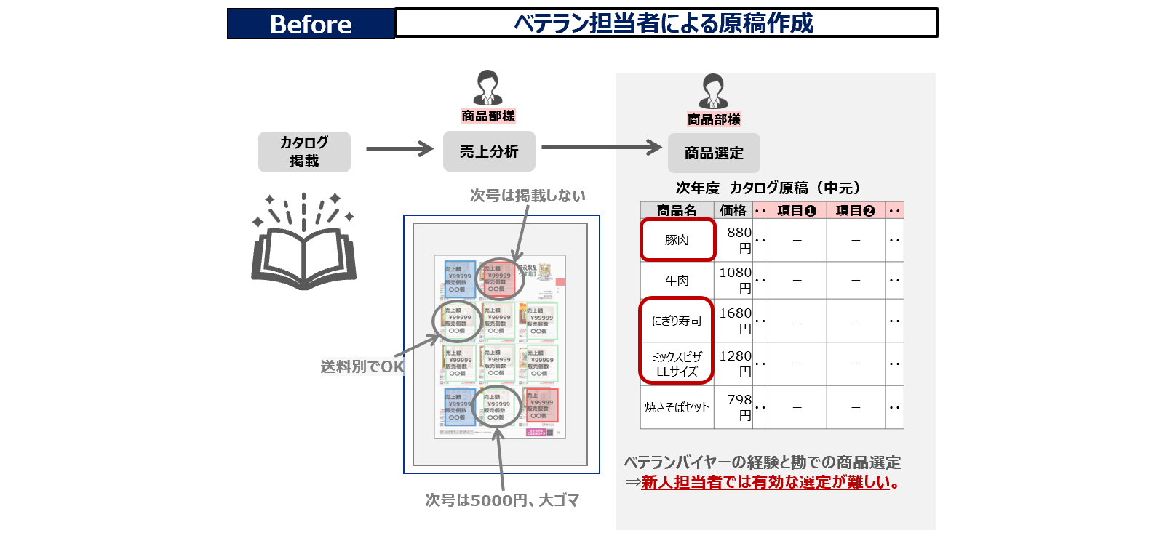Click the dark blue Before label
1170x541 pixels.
pos(311,24)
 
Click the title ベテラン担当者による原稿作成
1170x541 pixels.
pos(665,23)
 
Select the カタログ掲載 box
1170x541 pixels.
pos(304,151)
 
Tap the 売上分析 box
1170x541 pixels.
pos(489,151)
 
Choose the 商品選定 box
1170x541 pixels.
pos(714,153)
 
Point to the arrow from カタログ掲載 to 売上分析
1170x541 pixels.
pos(399,149)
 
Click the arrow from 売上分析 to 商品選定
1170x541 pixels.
pos(601,148)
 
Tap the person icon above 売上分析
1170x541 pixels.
pos(488,87)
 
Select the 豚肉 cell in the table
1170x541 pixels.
pos(677,240)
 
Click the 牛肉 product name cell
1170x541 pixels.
pos(677,280)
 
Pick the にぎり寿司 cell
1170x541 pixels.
pos(677,321)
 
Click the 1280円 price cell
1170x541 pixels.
pos(735,364)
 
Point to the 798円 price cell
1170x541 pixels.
pos(735,407)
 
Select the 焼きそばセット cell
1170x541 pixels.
pos(677,407)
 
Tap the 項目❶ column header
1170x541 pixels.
pos(797,211)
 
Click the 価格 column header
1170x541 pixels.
pos(733,211)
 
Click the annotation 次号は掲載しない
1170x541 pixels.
pos(528,196)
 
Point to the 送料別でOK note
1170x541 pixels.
pos(362,367)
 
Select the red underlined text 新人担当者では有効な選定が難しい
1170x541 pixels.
pos(766,482)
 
